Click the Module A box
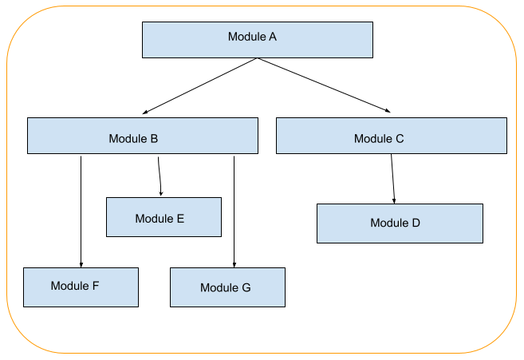pos(257,39)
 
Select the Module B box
pos(142,136)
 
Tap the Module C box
pos(391,136)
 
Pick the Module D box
pos(400,223)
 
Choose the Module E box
pos(164,217)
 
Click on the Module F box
pos(81,287)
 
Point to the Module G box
pos(227,287)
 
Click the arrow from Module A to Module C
pos(323,85)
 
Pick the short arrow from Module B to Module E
pos(160,174)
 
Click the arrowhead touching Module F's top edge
pos(81,264)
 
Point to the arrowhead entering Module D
pos(394,200)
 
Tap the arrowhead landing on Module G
pos(234,264)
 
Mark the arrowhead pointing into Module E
pos(161,193)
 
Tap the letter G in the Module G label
pos(246,288)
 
